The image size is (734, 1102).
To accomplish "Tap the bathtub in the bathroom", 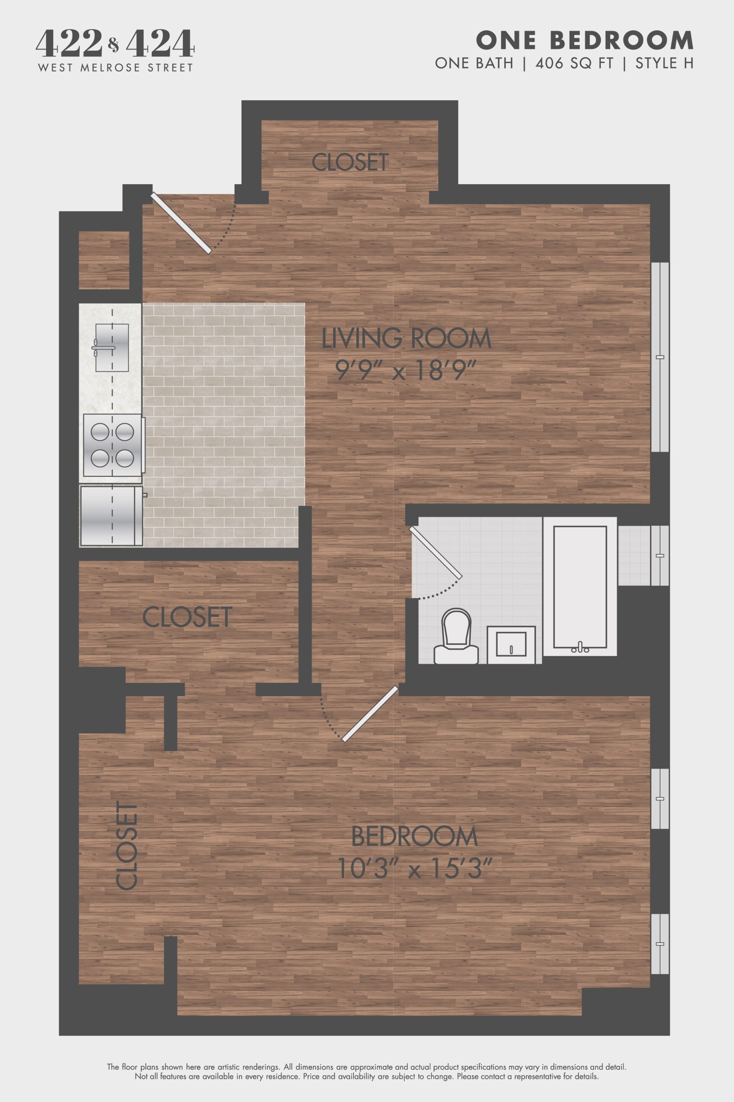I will [580, 587].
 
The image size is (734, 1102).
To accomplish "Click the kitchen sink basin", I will [112, 347].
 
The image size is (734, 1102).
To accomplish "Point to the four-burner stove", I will [112, 444].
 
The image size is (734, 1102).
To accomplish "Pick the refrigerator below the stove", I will [111, 516].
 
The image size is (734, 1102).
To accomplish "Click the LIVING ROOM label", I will [406, 338].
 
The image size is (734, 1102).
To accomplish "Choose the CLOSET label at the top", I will [350, 162].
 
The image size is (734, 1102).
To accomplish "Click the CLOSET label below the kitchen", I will [187, 617].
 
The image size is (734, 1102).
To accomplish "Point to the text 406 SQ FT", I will [574, 63].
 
